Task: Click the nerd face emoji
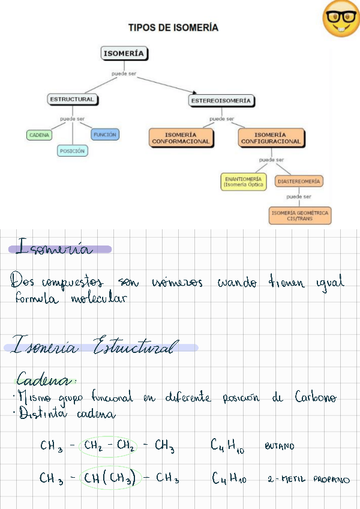[x=340, y=18]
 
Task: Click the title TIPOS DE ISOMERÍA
[x=173, y=28]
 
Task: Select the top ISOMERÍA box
[x=124, y=53]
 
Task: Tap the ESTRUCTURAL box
[x=72, y=99]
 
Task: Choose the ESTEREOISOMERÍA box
[x=221, y=101]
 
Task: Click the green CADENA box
[x=39, y=135]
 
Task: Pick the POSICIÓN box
[x=72, y=151]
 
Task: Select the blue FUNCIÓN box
[x=105, y=135]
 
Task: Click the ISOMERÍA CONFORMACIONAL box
[x=181, y=138]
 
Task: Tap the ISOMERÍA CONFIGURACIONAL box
[x=271, y=138]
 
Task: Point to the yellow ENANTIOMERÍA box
[x=242, y=182]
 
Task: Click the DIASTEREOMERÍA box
[x=299, y=181]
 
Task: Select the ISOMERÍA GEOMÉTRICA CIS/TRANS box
[x=300, y=215]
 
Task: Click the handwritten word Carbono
[x=316, y=398]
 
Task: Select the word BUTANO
[x=279, y=447]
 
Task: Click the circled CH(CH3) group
[x=112, y=478]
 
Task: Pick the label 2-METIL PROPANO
[x=308, y=480]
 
